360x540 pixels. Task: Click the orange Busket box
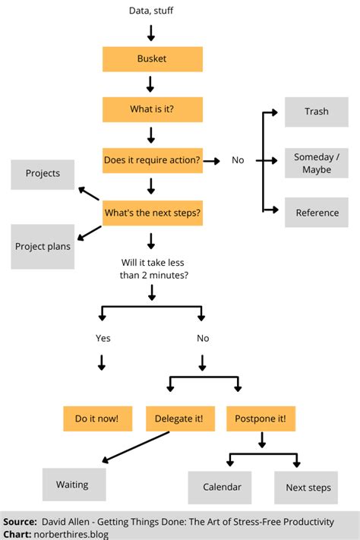click(x=152, y=58)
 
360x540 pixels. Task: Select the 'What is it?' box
click(x=152, y=109)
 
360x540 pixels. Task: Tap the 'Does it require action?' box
click(x=152, y=160)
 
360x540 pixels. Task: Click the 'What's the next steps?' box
click(x=152, y=213)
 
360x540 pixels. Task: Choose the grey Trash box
click(x=317, y=112)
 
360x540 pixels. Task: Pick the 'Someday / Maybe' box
click(x=317, y=163)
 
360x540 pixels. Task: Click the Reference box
click(x=317, y=213)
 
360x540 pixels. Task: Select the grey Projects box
click(x=43, y=174)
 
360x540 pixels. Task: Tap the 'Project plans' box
click(x=43, y=247)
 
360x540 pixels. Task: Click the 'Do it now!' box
click(x=97, y=418)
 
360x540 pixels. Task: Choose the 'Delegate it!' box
click(x=178, y=418)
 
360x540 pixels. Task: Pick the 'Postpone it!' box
click(x=261, y=418)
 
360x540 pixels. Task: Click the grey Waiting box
click(x=72, y=484)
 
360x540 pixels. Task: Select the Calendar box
click(x=222, y=487)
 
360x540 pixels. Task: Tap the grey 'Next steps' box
click(x=308, y=487)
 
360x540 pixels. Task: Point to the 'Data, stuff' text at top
click(x=152, y=11)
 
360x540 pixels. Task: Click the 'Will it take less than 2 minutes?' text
click(x=152, y=269)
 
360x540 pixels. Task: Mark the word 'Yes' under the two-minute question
click(x=103, y=338)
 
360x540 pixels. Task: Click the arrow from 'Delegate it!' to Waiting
click(x=137, y=449)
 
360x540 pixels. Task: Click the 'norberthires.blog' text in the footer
click(x=71, y=534)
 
